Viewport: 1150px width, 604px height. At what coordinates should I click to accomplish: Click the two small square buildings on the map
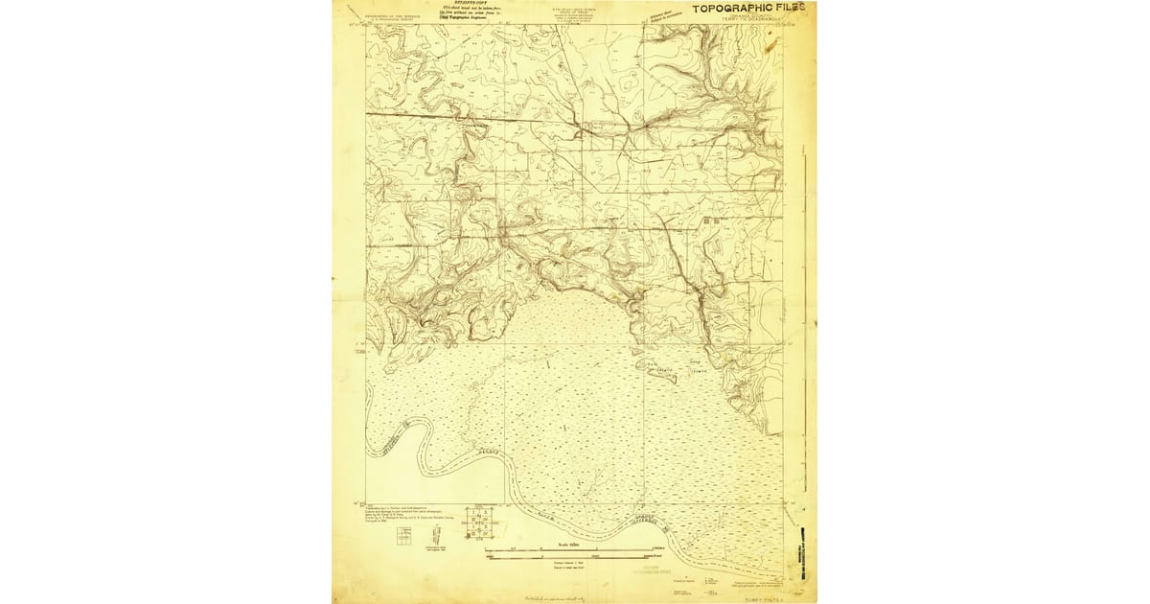pyautogui.click(x=710, y=221)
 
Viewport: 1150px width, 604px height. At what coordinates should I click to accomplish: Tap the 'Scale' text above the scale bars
pyautogui.click(x=565, y=543)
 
